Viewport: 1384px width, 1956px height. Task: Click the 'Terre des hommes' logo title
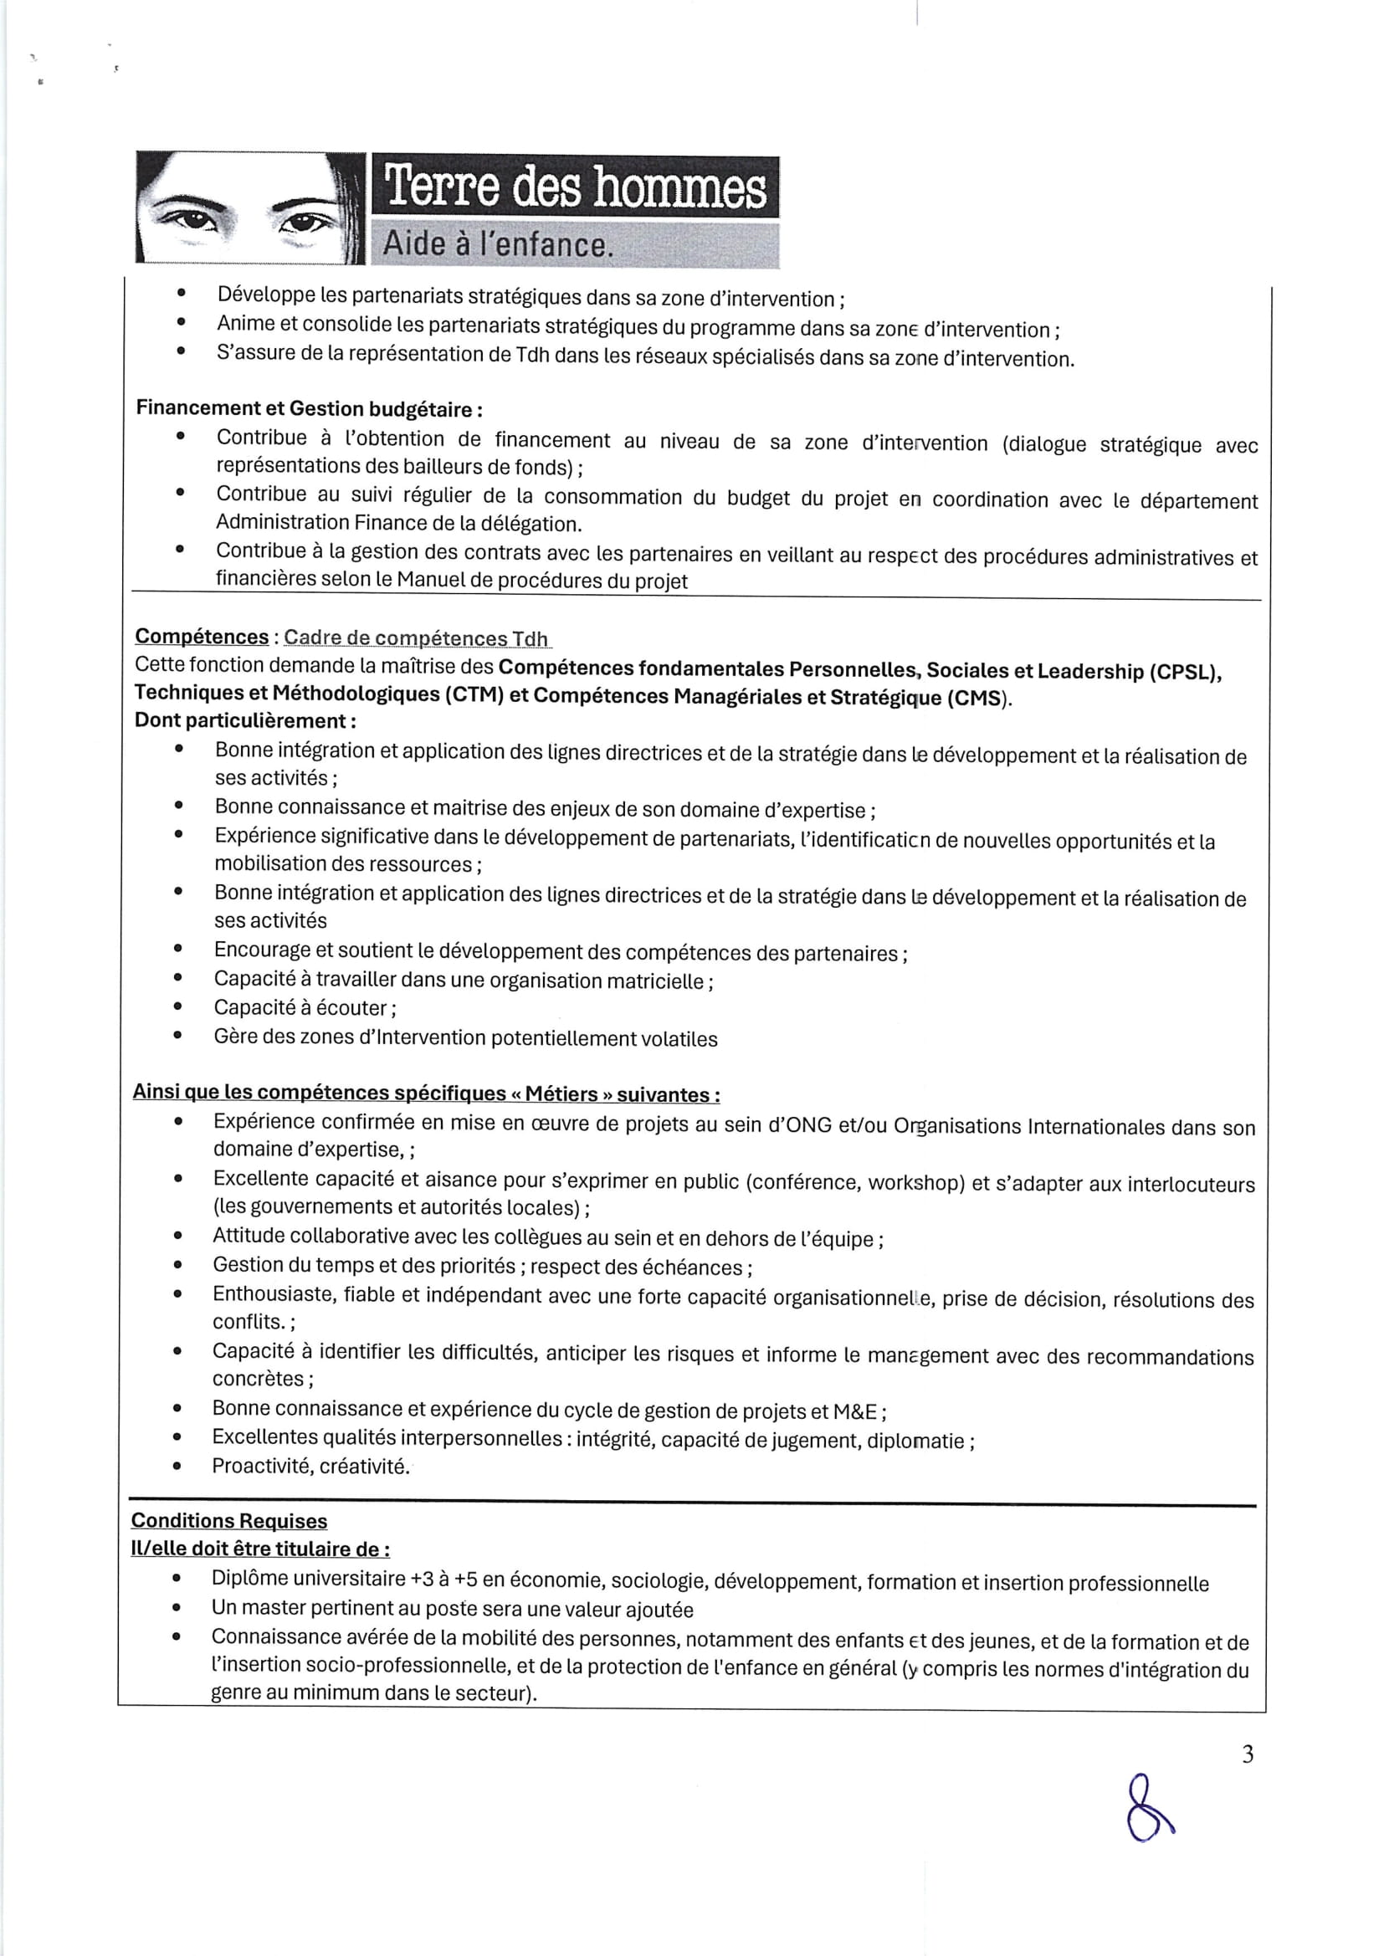(575, 187)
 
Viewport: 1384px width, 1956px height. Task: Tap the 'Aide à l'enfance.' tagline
(498, 244)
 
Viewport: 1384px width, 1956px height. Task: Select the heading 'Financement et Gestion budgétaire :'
(310, 409)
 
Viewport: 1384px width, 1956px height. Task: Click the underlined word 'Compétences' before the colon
(202, 637)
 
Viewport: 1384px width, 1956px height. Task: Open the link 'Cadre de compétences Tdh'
(416, 638)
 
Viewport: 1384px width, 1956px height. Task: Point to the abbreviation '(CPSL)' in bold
(1185, 672)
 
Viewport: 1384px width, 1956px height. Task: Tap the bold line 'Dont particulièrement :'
(245, 720)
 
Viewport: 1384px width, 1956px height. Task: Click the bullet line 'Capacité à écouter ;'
(305, 1008)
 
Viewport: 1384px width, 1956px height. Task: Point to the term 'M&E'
(855, 1411)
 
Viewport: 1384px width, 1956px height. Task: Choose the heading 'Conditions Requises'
(229, 1521)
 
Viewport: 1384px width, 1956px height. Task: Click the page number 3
(1248, 1754)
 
